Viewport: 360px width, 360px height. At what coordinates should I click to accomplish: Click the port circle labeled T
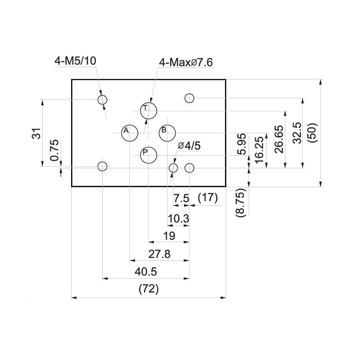148,110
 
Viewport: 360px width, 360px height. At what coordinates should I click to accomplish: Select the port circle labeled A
129,132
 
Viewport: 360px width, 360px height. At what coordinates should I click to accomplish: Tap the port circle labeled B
167,132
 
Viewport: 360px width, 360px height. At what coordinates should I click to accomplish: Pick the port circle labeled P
148,155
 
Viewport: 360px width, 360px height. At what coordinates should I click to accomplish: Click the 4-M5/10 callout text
75,61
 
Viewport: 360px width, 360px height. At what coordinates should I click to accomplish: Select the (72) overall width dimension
148,289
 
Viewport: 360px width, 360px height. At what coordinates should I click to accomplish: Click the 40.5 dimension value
146,272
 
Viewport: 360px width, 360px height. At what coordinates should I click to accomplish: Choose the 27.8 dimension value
159,254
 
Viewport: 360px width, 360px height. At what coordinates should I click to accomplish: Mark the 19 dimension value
169,236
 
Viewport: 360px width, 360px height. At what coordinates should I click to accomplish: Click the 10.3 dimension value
178,219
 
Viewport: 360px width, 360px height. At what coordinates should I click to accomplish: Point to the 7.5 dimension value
181,198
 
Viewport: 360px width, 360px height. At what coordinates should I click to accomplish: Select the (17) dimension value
207,198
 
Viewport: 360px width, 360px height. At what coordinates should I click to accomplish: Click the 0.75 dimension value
54,150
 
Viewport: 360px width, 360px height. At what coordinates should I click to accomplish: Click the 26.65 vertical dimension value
279,139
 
